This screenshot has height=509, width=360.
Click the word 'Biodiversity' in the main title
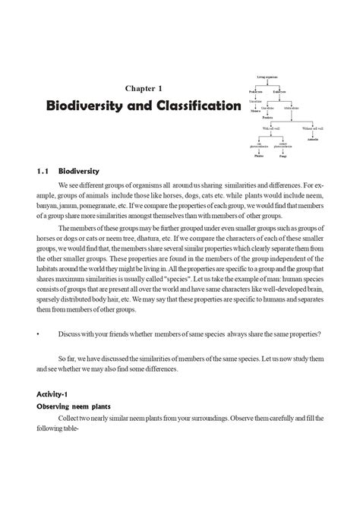click(x=84, y=106)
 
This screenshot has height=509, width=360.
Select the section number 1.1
click(x=43, y=171)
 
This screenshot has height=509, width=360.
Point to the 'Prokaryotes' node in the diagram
click(x=257, y=91)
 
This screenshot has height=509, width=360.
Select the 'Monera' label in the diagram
click(x=256, y=110)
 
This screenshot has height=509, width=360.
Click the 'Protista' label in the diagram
click(x=267, y=118)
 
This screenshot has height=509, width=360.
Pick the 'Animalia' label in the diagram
click(x=313, y=141)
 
